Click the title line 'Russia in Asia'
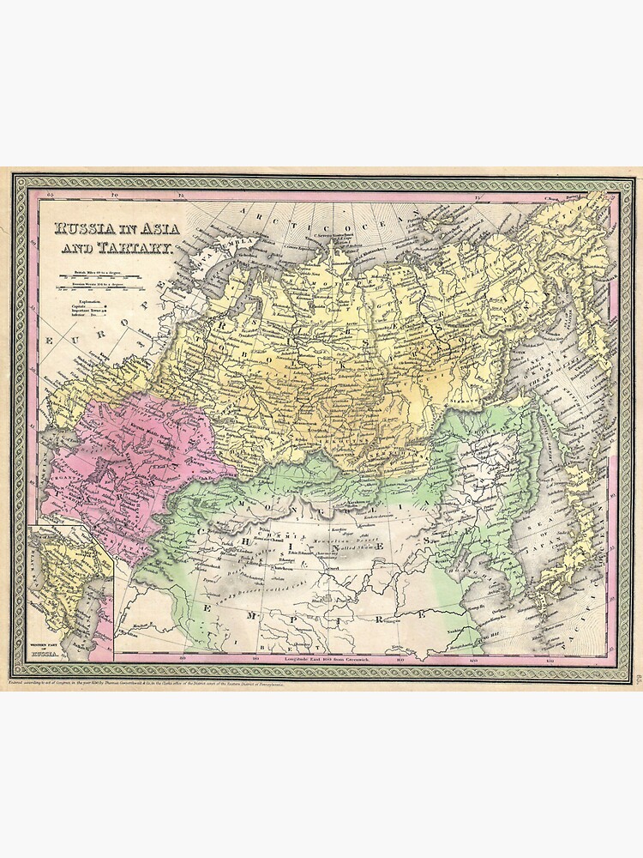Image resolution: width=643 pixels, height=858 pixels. pyautogui.click(x=114, y=230)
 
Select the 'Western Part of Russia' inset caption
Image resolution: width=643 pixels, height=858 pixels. pyautogui.click(x=45, y=651)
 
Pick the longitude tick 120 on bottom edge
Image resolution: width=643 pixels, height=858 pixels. pyautogui.click(x=472, y=659)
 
